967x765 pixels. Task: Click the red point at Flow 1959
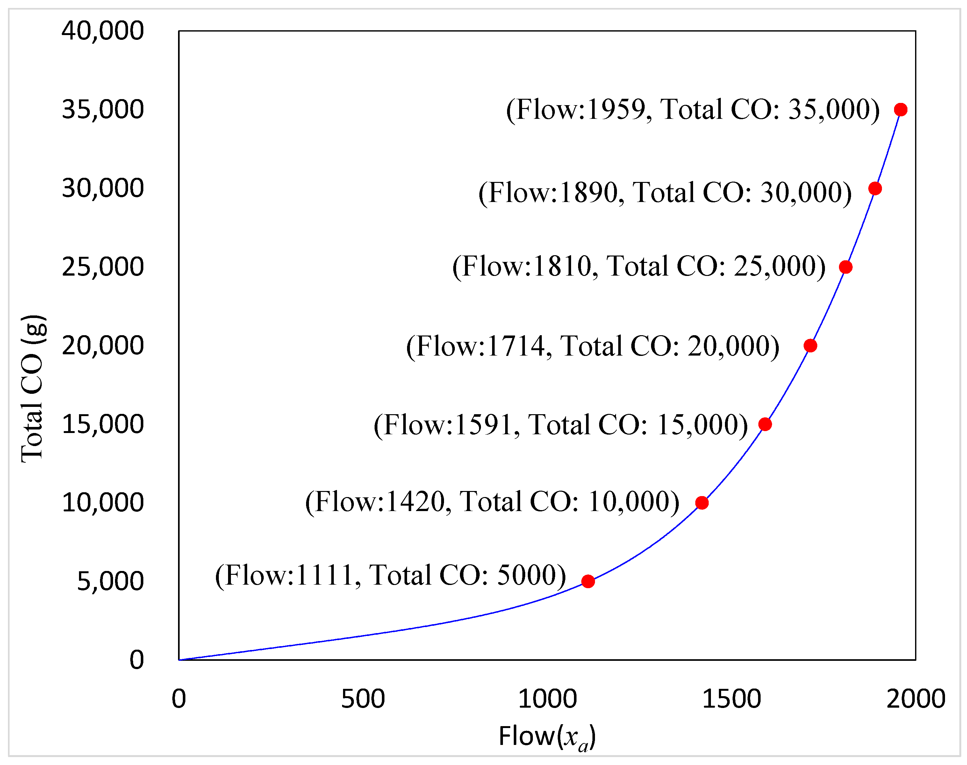click(x=901, y=110)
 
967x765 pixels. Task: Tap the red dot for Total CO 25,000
click(x=846, y=267)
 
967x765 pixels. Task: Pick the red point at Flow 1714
click(x=810, y=346)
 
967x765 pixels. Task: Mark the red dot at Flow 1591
click(x=765, y=424)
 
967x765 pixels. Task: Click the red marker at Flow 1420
click(x=702, y=503)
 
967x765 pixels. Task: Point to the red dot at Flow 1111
click(x=588, y=581)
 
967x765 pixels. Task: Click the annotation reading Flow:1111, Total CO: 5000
click(x=390, y=575)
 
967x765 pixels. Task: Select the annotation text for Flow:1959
click(x=692, y=110)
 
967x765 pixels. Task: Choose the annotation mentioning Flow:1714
click(x=592, y=346)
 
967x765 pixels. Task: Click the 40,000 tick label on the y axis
click(x=103, y=31)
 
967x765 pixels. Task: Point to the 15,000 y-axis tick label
click(x=103, y=424)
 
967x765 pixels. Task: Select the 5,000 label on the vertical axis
click(x=110, y=581)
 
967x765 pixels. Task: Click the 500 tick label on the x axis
click(x=362, y=699)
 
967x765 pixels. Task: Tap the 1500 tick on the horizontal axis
click(x=731, y=699)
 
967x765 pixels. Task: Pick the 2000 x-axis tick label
click(x=915, y=699)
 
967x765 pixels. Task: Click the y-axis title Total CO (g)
click(x=33, y=389)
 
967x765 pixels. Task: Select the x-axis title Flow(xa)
click(x=547, y=737)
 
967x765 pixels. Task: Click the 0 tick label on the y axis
click(x=137, y=660)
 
